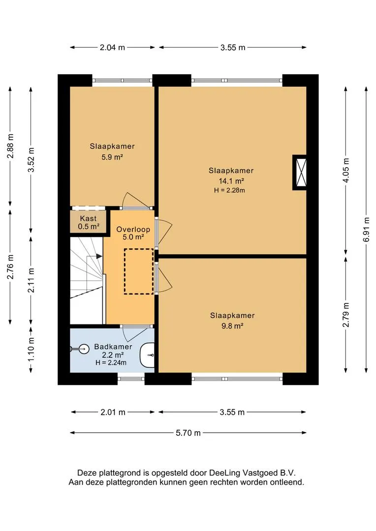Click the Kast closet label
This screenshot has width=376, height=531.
tap(88, 218)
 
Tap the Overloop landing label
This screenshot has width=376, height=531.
tap(133, 229)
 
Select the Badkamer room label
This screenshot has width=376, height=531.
tap(113, 347)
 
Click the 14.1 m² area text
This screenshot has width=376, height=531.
tap(232, 181)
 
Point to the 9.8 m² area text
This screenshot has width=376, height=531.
tap(232, 326)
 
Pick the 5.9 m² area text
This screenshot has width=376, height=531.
tap(112, 157)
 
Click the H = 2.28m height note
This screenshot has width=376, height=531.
tap(229, 190)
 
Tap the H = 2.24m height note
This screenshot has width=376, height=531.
tap(111, 363)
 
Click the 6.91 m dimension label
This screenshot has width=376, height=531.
tap(366, 230)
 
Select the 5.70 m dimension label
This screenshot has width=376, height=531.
tap(188, 433)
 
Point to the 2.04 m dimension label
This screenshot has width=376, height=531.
tap(112, 47)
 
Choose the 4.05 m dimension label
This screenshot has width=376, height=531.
tap(346, 170)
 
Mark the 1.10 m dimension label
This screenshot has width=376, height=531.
tap(31, 349)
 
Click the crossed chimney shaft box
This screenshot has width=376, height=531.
tap(300, 173)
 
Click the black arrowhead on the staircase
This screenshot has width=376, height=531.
tap(99, 256)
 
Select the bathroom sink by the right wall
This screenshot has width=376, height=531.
tap(147, 355)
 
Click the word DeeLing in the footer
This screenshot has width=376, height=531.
tap(224, 473)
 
